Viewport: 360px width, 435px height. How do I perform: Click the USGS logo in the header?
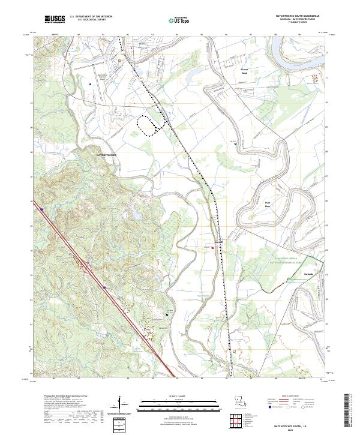55,19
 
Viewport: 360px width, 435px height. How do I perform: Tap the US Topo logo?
172,20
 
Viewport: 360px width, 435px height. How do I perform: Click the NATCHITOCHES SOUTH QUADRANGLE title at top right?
293,16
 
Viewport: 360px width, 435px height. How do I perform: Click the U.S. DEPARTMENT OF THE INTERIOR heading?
91,17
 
